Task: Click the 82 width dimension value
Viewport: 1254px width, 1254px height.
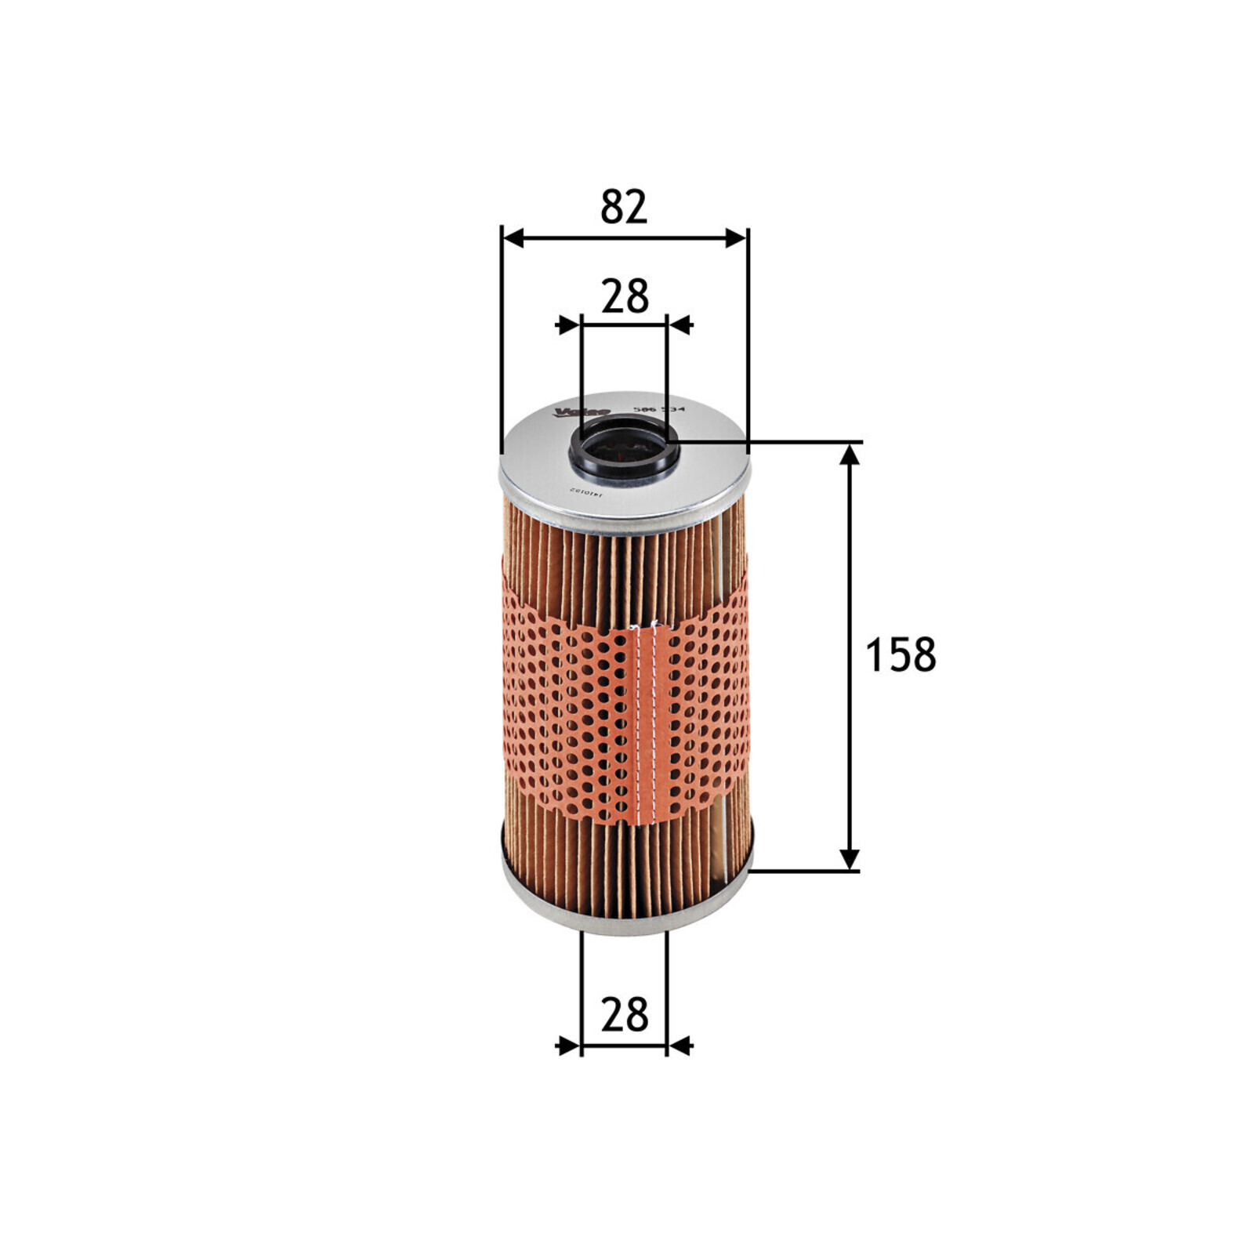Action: [x=624, y=207]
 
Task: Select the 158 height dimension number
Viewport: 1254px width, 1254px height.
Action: [x=900, y=655]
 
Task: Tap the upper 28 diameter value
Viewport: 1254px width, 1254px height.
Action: [x=625, y=296]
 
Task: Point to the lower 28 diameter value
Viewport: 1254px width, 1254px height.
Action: [x=625, y=1014]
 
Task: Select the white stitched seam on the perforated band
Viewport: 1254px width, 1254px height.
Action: [x=647, y=721]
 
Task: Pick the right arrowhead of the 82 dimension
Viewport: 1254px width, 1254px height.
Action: [x=737, y=238]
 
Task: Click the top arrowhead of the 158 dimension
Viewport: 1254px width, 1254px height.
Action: [x=849, y=454]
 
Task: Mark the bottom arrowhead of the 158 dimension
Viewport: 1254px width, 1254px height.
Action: [x=849, y=859]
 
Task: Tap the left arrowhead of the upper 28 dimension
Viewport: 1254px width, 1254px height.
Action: [x=567, y=324]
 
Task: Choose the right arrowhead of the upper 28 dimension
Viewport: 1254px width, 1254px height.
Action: [x=680, y=324]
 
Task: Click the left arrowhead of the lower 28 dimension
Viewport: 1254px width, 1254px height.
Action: [x=567, y=1045]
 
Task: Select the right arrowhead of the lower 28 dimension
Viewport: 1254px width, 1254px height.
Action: [x=680, y=1045]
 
